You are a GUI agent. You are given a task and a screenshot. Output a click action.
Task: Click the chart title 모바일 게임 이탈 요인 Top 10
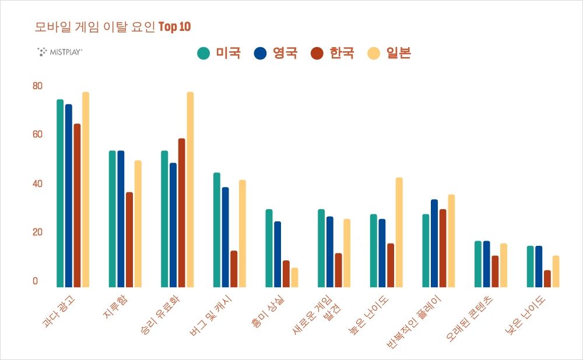click(113, 27)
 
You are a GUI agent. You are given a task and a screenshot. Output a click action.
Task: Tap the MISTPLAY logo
click(59, 52)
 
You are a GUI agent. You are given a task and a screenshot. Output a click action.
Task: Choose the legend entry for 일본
click(389, 53)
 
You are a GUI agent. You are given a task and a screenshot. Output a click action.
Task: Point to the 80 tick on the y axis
click(38, 86)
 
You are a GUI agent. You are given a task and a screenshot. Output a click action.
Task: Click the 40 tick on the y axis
click(38, 183)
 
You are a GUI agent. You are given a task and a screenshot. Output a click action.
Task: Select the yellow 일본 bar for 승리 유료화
click(190, 189)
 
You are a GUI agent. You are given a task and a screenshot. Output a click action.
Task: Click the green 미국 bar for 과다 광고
click(60, 193)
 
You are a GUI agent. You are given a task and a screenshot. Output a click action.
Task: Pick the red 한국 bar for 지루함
click(129, 239)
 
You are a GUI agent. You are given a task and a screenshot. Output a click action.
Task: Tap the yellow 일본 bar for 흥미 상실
click(294, 277)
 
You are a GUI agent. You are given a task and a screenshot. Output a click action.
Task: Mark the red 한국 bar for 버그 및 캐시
click(234, 269)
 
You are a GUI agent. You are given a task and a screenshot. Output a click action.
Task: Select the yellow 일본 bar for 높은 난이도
click(399, 232)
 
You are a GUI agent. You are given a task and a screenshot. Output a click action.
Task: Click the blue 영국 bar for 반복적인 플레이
click(434, 243)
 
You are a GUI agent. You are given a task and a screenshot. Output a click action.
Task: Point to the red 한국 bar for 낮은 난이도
click(547, 278)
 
